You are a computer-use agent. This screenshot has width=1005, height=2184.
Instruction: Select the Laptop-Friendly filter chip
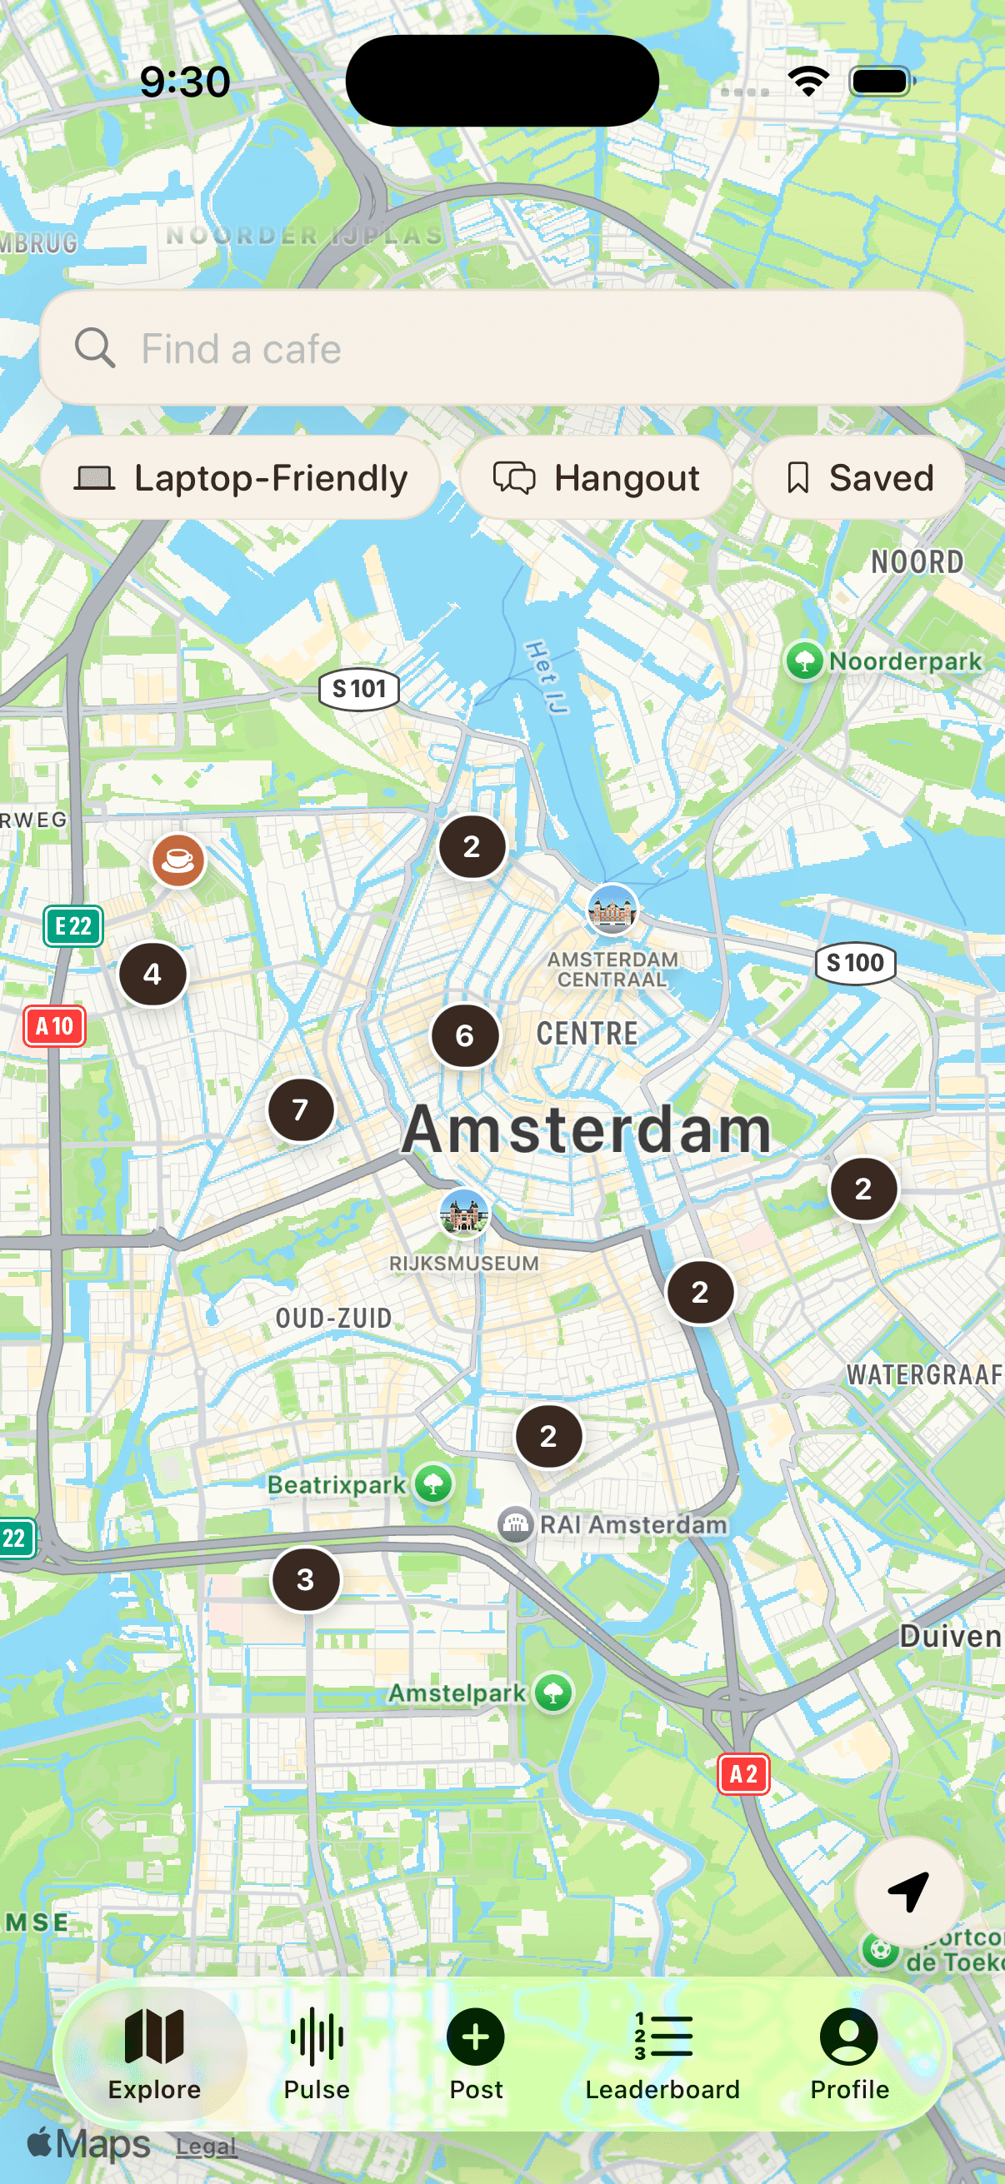pyautogui.click(x=240, y=478)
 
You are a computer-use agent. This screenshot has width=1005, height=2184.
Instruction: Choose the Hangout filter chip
pyautogui.click(x=596, y=478)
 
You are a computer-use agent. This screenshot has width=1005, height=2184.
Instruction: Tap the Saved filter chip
pyautogui.click(x=858, y=478)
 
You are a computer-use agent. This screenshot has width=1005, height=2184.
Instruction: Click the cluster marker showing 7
pyautogui.click(x=300, y=1109)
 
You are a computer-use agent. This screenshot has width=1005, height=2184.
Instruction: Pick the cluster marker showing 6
pyautogui.click(x=465, y=1035)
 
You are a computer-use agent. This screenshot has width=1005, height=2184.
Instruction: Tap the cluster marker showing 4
pyautogui.click(x=152, y=975)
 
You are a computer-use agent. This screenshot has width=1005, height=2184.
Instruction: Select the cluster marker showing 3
pyautogui.click(x=305, y=1579)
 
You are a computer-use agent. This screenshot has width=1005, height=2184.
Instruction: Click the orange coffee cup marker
pyautogui.click(x=178, y=860)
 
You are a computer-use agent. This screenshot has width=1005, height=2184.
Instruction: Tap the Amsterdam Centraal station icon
pyautogui.click(x=612, y=909)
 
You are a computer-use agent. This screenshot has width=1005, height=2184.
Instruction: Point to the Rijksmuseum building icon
pyautogui.click(x=464, y=1213)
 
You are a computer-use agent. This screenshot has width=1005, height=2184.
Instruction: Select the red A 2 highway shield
pyautogui.click(x=744, y=1774)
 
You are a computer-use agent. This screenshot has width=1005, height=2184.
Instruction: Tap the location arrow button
pyautogui.click(x=908, y=1892)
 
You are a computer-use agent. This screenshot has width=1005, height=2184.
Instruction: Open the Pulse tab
pyautogui.click(x=317, y=2053)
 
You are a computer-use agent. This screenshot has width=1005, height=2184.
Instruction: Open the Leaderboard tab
pyautogui.click(x=662, y=2053)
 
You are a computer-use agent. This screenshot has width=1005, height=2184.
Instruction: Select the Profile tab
pyautogui.click(x=849, y=2053)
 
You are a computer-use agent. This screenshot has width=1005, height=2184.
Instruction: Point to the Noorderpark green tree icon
pyautogui.click(x=804, y=661)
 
